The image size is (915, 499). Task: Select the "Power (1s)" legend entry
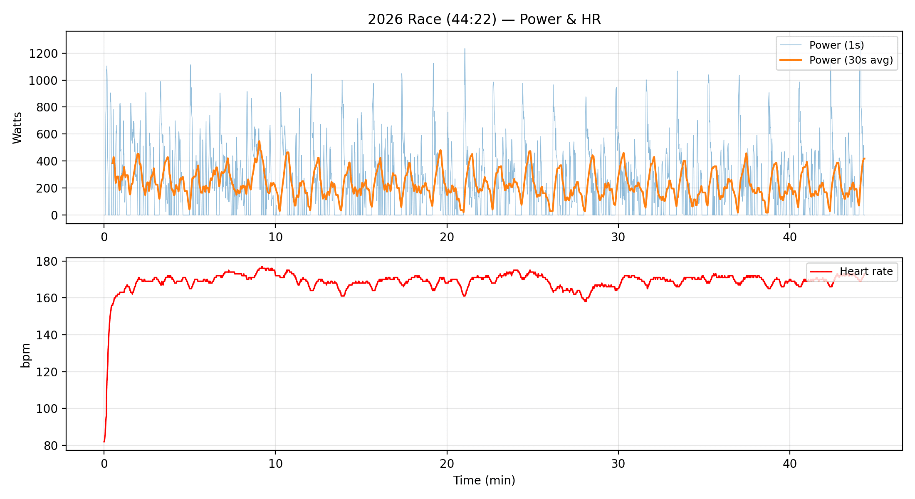[x=836, y=45]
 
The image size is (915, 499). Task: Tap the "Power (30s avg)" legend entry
[x=851, y=60]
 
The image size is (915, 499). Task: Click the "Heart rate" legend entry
[x=866, y=272]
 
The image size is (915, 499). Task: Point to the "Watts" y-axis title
[x=17, y=128]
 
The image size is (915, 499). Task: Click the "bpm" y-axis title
[x=26, y=355]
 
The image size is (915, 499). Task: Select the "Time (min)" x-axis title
[x=484, y=480]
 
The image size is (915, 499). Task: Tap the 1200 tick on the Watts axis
[x=43, y=54]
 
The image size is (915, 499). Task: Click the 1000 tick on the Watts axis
[x=43, y=81]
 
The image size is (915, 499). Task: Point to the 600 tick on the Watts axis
[x=47, y=134]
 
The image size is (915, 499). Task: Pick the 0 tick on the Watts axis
[x=54, y=215]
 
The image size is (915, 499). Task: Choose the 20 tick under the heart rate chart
[x=447, y=464]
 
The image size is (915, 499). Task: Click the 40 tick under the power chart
[x=789, y=237]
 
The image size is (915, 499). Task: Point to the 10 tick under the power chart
[x=275, y=237]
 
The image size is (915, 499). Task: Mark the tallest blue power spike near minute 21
[x=465, y=49]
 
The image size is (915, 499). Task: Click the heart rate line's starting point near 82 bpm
[x=104, y=442]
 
